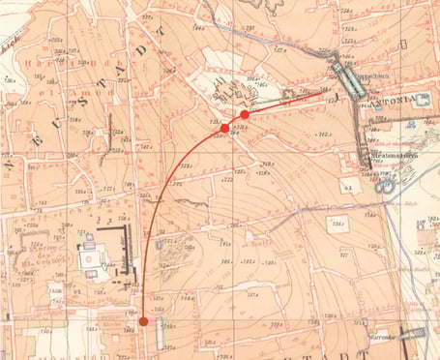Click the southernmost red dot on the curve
(x=143, y=321)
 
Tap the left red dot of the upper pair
(x=224, y=128)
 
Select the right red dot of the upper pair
(x=245, y=114)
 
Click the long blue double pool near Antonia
(x=347, y=78)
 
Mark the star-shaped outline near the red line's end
(x=232, y=94)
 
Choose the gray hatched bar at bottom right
(x=410, y=334)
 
